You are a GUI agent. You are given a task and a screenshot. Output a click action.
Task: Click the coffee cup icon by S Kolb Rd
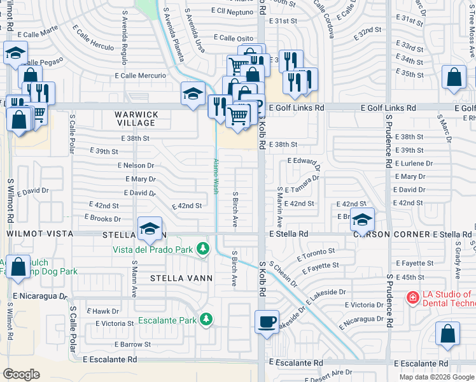click(267, 321)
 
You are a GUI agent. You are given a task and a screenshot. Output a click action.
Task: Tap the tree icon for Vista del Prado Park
click(203, 248)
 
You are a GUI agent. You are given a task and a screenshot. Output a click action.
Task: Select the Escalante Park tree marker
click(206, 319)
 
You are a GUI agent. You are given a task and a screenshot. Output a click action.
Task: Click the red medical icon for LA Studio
click(412, 297)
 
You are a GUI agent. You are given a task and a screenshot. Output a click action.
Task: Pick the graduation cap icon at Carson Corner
click(362, 220)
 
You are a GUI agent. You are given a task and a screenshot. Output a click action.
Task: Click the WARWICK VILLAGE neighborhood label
click(136, 118)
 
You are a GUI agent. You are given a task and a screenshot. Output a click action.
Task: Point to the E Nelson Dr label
click(136, 165)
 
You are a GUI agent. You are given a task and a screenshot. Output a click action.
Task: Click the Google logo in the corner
click(21, 374)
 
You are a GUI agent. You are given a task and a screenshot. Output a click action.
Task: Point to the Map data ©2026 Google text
click(436, 377)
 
